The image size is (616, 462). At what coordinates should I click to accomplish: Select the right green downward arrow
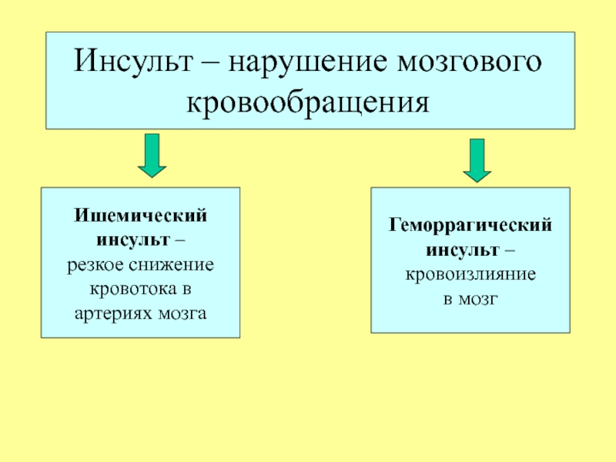click(477, 159)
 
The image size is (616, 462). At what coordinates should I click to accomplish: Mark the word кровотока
click(131, 290)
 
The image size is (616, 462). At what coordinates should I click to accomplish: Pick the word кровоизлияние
click(470, 275)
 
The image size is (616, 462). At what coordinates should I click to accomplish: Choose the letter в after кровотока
click(186, 290)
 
